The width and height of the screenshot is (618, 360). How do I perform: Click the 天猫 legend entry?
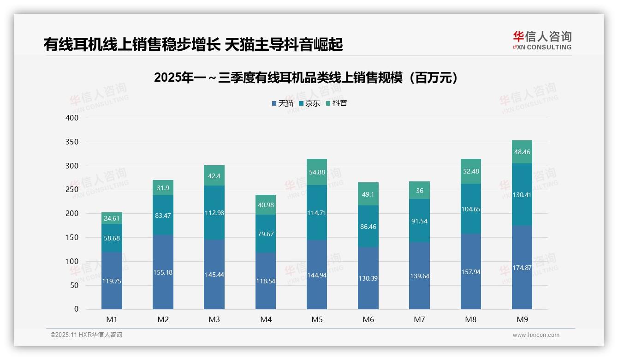point(282,103)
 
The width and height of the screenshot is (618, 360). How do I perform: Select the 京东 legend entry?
point(309,103)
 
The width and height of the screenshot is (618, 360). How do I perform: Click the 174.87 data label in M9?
point(522,268)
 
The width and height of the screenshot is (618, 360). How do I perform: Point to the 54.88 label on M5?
point(317,172)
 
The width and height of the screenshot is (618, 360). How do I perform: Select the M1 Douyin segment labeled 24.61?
point(112,218)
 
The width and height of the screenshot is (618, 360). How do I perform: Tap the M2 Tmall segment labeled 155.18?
point(163,272)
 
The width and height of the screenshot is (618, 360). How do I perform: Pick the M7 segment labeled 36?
point(419,191)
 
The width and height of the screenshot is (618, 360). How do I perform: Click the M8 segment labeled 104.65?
point(470,209)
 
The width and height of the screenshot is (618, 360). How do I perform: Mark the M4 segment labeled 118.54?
point(266,281)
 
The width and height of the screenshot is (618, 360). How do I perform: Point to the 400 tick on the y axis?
point(72,118)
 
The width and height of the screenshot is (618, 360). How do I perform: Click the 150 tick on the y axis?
point(72,238)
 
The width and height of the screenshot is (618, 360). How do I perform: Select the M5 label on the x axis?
point(317,319)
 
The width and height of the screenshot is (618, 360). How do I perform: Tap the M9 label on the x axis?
point(522,319)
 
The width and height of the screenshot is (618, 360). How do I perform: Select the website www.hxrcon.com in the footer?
point(535,335)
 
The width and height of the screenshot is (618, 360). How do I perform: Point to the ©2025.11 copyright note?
point(86,335)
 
